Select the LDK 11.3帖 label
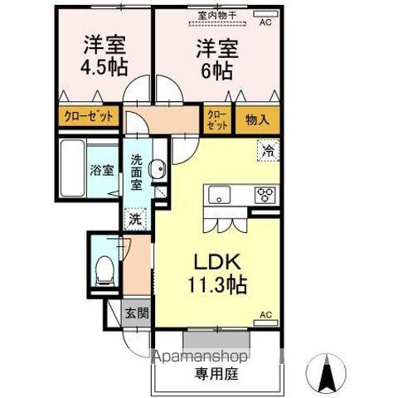pyautogui.click(x=219, y=271)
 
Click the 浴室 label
pyautogui.click(x=102, y=172)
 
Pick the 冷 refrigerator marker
pyautogui.click(x=267, y=150)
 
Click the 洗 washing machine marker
pyautogui.click(x=135, y=220)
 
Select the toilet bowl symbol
pyautogui.click(x=104, y=267)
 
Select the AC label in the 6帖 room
pyautogui.click(x=265, y=22)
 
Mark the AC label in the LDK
pyautogui.click(x=267, y=315)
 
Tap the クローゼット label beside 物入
pyautogui.click(x=216, y=119)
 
